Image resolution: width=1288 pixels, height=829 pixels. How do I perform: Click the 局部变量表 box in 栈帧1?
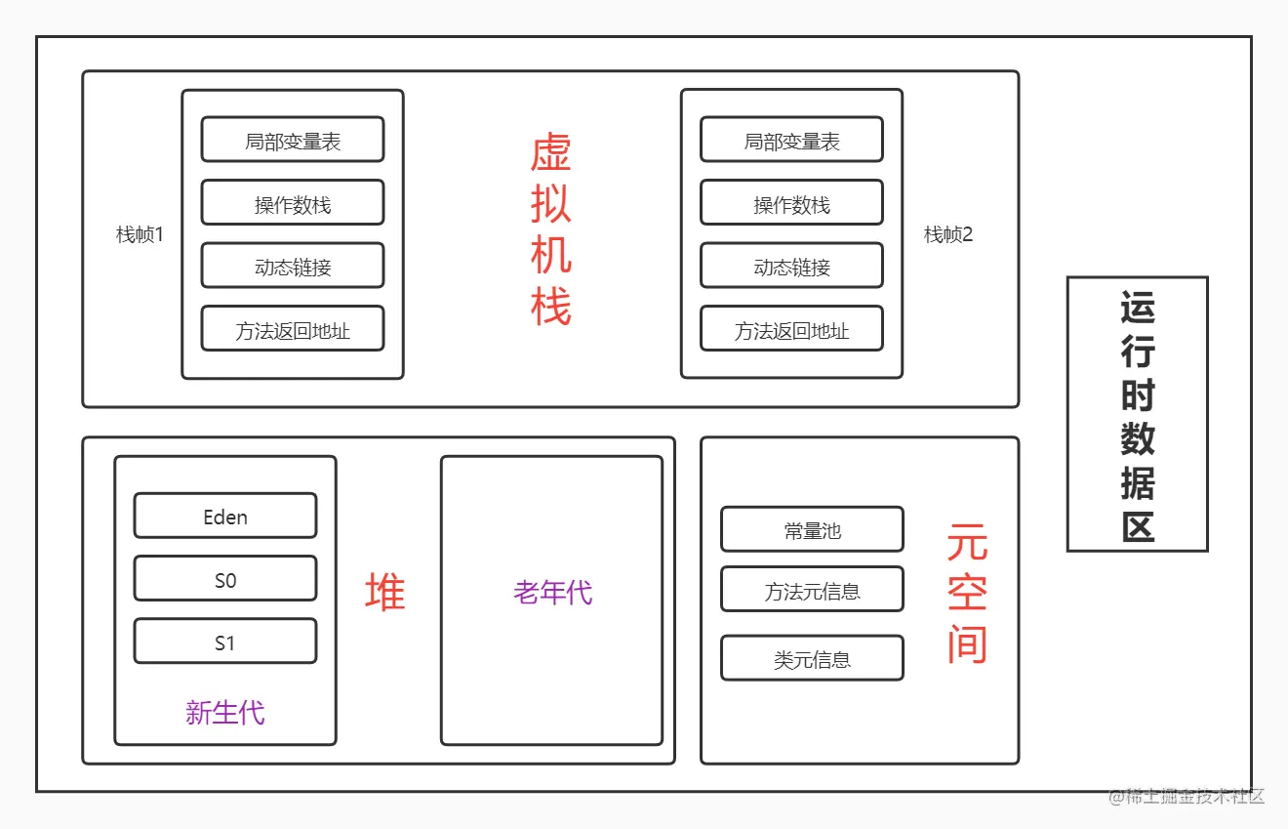click(293, 140)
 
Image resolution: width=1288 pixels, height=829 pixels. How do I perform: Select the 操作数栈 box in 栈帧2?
click(791, 203)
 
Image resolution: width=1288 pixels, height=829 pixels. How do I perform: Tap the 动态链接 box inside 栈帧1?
click(293, 266)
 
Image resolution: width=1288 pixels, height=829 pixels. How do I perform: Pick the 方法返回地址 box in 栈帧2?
click(791, 329)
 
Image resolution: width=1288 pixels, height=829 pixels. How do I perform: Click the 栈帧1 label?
click(140, 234)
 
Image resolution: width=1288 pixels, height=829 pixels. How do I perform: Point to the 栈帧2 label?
click(948, 234)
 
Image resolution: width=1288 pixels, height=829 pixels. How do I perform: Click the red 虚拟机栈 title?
click(550, 229)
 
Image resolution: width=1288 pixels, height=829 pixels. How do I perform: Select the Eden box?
click(225, 516)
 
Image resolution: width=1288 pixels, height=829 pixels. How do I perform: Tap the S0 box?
click(225, 579)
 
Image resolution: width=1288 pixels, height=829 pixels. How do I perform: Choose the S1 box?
click(225, 642)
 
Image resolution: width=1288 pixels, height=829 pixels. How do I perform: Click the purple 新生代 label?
click(225, 713)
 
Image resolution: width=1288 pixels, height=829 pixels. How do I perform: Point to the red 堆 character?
click(385, 592)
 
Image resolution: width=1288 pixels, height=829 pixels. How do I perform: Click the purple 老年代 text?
click(552, 592)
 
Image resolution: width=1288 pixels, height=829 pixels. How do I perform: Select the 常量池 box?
click(812, 530)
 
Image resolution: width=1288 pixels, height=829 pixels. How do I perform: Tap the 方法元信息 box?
click(812, 590)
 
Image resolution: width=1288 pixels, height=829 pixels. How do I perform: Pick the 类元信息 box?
click(812, 659)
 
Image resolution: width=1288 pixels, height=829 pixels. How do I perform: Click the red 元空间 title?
click(967, 594)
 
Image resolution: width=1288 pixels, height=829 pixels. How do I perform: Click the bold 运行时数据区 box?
click(1137, 415)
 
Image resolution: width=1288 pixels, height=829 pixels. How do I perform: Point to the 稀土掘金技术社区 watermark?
click(1186, 796)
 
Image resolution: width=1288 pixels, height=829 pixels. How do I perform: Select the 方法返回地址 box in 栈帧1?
click(293, 329)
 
